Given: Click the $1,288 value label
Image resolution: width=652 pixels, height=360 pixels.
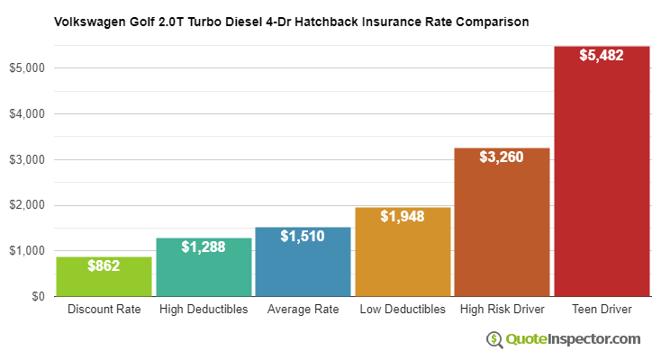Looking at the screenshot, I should (204, 246).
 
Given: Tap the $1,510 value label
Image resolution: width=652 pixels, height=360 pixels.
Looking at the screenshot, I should (303, 236).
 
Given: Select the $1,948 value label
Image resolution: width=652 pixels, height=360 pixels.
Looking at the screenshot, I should (403, 216).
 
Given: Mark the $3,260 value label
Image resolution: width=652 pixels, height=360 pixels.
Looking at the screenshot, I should (502, 157).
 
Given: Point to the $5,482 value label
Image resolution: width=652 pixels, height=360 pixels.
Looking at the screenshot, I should (602, 55).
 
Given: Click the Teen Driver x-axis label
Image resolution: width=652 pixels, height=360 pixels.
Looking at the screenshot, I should (602, 310).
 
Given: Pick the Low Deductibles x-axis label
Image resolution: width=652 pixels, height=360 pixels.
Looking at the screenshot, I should (403, 310).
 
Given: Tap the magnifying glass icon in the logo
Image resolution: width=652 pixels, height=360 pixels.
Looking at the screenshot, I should (495, 339).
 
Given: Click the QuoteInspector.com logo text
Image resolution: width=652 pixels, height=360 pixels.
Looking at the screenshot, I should (574, 338).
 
